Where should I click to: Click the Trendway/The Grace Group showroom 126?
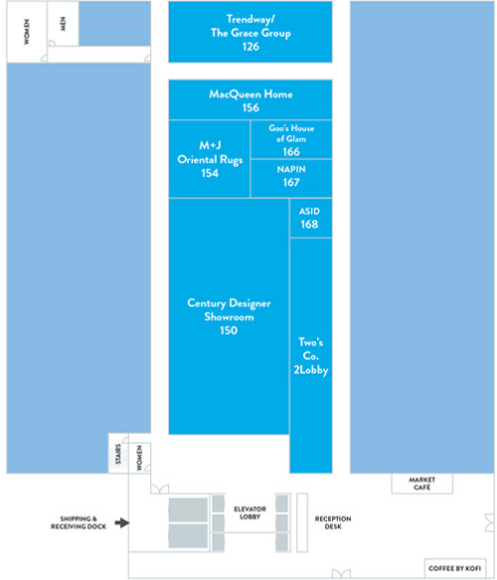(250, 32)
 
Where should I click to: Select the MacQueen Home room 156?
(250, 99)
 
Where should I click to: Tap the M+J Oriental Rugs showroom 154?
(210, 159)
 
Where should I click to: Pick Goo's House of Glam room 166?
(291, 139)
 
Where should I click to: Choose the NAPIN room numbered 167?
(291, 179)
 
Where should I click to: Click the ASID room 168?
(311, 218)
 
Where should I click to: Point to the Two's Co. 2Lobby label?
(311, 356)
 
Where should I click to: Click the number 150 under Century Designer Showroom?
(229, 330)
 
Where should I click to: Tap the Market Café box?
(422, 483)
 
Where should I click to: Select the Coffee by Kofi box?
(455, 568)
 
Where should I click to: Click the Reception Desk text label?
(333, 522)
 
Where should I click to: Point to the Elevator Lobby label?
(249, 512)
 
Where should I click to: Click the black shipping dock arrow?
(122, 522)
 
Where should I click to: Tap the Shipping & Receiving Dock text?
(79, 522)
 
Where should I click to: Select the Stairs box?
(118, 454)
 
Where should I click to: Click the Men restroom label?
(63, 24)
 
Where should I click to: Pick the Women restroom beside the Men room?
(27, 32)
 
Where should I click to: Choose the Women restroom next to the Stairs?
(140, 458)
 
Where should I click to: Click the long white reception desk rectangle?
(302, 522)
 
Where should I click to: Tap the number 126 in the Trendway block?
(250, 47)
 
